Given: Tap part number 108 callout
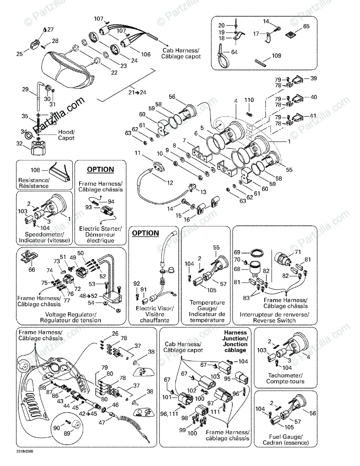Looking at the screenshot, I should tap(36, 170).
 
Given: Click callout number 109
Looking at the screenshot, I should tap(276, 56).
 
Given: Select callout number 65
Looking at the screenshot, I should tap(306, 26).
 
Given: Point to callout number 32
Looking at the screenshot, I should tap(18, 144).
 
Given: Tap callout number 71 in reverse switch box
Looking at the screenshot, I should tap(298, 252).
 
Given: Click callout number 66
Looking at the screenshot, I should tap(31, 270).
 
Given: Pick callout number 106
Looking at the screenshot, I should tap(146, 54).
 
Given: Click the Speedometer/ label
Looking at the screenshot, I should tap(44, 235).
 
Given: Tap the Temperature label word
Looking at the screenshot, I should tap(207, 302).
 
